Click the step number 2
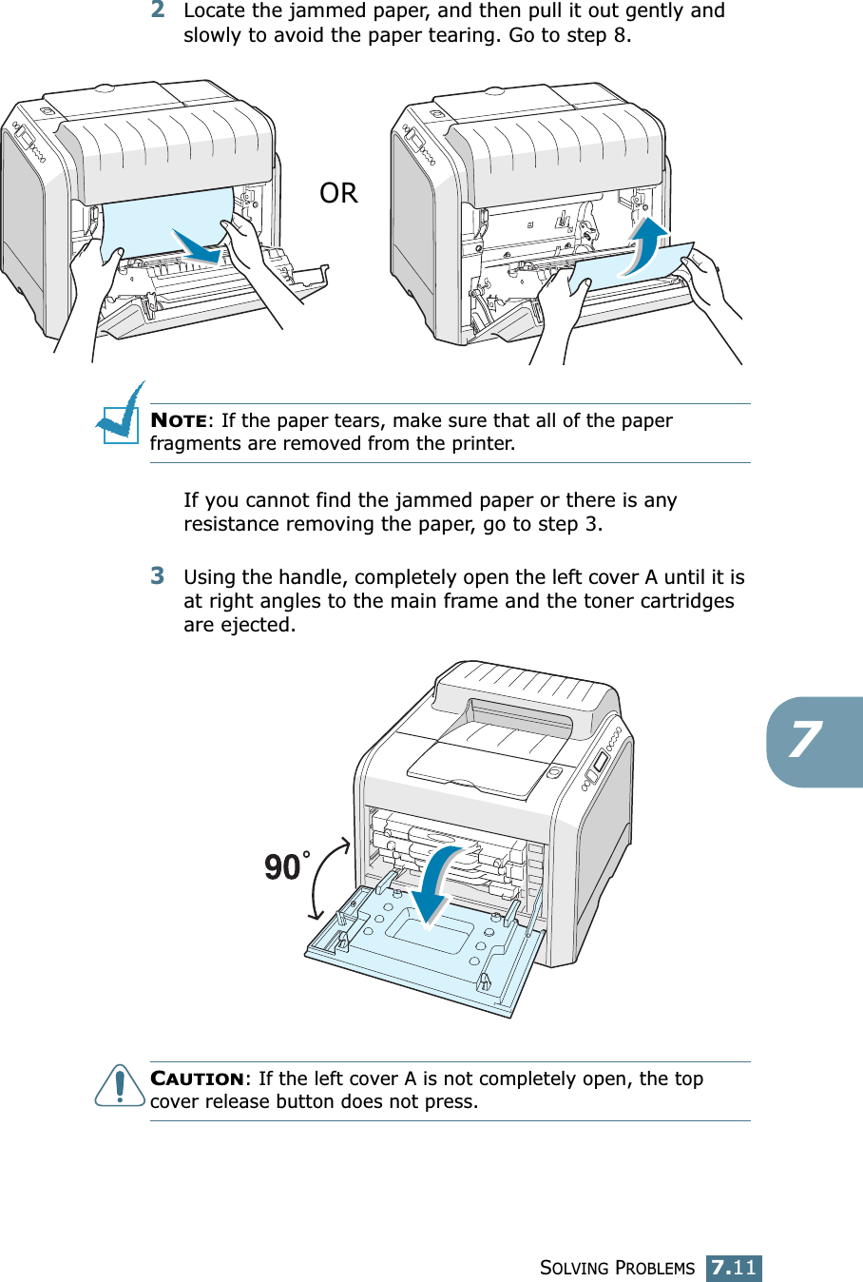click(x=158, y=10)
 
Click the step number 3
click(x=158, y=575)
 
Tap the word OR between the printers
click(x=338, y=193)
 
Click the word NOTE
click(x=179, y=420)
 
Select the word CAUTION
click(x=197, y=1078)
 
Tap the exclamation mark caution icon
click(x=119, y=1085)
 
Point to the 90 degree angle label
click(x=283, y=866)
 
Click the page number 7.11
click(x=734, y=1268)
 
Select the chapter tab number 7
click(x=806, y=740)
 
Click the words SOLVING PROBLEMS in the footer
click(x=617, y=1268)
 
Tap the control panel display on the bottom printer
click(x=601, y=764)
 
